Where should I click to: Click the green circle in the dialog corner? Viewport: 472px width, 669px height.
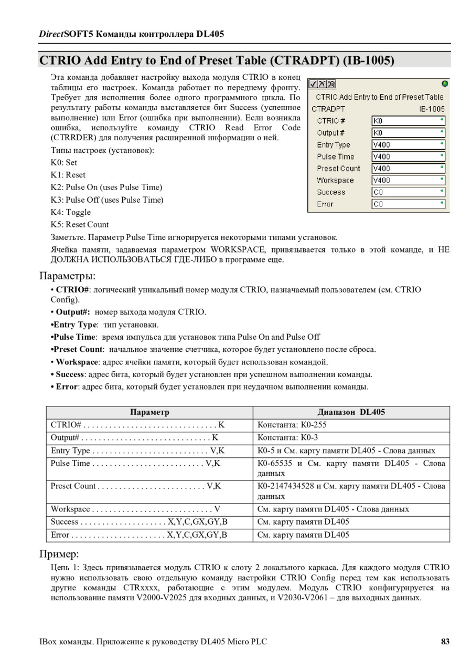[x=445, y=83]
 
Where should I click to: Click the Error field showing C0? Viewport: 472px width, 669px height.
[x=407, y=204]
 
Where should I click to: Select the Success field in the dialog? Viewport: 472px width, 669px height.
[x=407, y=192]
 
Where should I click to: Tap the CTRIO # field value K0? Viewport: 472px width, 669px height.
[x=407, y=121]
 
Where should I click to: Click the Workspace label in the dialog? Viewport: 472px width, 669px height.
[x=335, y=180]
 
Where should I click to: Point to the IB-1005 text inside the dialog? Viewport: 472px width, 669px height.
[x=432, y=109]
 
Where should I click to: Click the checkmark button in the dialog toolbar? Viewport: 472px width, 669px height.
[x=313, y=84]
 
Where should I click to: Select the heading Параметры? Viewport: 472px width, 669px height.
[x=68, y=276]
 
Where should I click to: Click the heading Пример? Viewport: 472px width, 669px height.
[x=59, y=554]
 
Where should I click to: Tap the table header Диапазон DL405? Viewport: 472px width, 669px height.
[x=351, y=412]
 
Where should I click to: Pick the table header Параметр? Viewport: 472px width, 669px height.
[x=149, y=412]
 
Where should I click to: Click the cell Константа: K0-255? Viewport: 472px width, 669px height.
[x=292, y=425]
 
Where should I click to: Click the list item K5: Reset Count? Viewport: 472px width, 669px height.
[x=80, y=225]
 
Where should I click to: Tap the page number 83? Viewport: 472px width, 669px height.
[x=445, y=641]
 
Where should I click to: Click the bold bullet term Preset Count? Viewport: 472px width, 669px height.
[x=78, y=349]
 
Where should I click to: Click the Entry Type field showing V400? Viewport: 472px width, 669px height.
[x=407, y=144]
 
